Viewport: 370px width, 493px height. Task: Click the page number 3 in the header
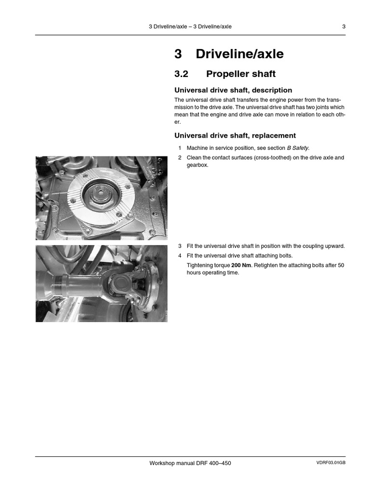(344, 26)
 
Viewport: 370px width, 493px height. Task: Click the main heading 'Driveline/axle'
(239, 54)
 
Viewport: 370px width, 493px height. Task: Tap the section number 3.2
(182, 74)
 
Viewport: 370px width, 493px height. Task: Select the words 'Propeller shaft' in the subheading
(241, 74)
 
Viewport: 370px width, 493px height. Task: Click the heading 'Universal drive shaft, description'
(233, 90)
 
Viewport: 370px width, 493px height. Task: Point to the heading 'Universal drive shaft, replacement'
(235, 135)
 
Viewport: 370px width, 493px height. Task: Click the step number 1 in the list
(180, 148)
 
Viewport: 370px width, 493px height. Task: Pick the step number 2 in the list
(180, 157)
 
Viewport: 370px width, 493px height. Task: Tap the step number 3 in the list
(180, 246)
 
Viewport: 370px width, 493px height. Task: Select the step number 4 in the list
(180, 256)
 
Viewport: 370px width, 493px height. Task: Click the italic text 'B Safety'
(298, 148)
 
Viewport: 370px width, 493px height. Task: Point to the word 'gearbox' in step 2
(197, 165)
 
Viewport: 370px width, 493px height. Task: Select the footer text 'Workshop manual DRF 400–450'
(190, 463)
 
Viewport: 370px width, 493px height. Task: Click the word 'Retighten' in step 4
(267, 265)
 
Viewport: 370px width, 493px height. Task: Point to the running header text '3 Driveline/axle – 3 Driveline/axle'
(190, 26)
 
